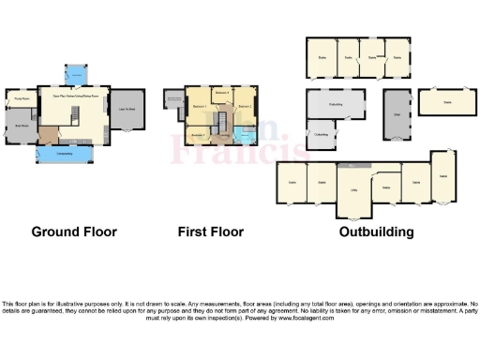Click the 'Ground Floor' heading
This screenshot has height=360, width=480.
(74, 232)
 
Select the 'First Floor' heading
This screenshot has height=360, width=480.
(211, 232)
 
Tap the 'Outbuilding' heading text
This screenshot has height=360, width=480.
(376, 232)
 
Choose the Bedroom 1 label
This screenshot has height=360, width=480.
(199, 108)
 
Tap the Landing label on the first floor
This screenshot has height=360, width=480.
(225, 134)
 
